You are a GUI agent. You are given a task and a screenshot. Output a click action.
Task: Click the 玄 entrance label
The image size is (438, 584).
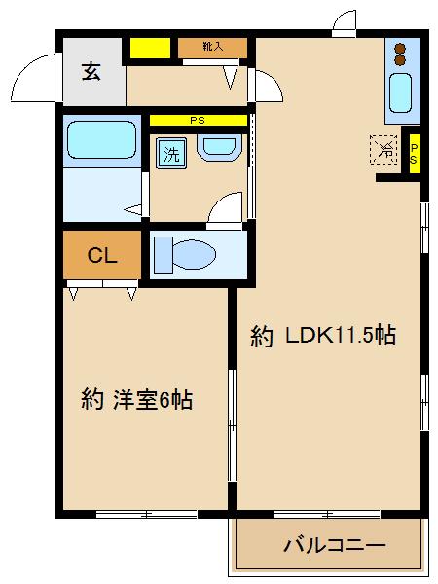[x=91, y=71]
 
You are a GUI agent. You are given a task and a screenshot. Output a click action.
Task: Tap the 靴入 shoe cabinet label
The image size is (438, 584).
[x=212, y=47]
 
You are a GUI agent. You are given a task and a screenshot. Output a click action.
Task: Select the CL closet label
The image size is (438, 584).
[x=102, y=255]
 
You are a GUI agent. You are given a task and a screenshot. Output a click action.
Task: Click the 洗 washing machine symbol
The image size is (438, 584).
[x=171, y=154]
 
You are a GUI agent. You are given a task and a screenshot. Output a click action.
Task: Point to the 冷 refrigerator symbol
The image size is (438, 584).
[x=383, y=150]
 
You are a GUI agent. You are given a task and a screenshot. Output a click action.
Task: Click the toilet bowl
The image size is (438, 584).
[x=195, y=254]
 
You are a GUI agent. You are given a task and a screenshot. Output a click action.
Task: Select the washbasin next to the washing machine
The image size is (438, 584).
[x=219, y=148]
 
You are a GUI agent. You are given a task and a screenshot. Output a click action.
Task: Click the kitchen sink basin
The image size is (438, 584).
[x=400, y=92]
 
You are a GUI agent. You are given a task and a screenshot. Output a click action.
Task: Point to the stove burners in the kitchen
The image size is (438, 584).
[x=400, y=55]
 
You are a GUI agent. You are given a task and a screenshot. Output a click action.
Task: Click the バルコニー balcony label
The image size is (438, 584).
[x=335, y=545]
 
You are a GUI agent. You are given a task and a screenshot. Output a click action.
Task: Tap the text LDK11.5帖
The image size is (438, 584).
[x=340, y=335]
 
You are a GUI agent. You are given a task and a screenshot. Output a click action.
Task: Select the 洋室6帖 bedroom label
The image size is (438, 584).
[x=153, y=399]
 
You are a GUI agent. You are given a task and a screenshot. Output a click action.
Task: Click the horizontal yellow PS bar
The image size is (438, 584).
[x=199, y=121]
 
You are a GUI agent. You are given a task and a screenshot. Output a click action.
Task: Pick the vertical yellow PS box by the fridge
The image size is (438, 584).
[x=415, y=153]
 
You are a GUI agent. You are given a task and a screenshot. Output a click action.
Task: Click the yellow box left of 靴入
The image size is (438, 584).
[x=150, y=48]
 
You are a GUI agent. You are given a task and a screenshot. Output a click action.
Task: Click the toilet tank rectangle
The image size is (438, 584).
[x=164, y=255]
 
